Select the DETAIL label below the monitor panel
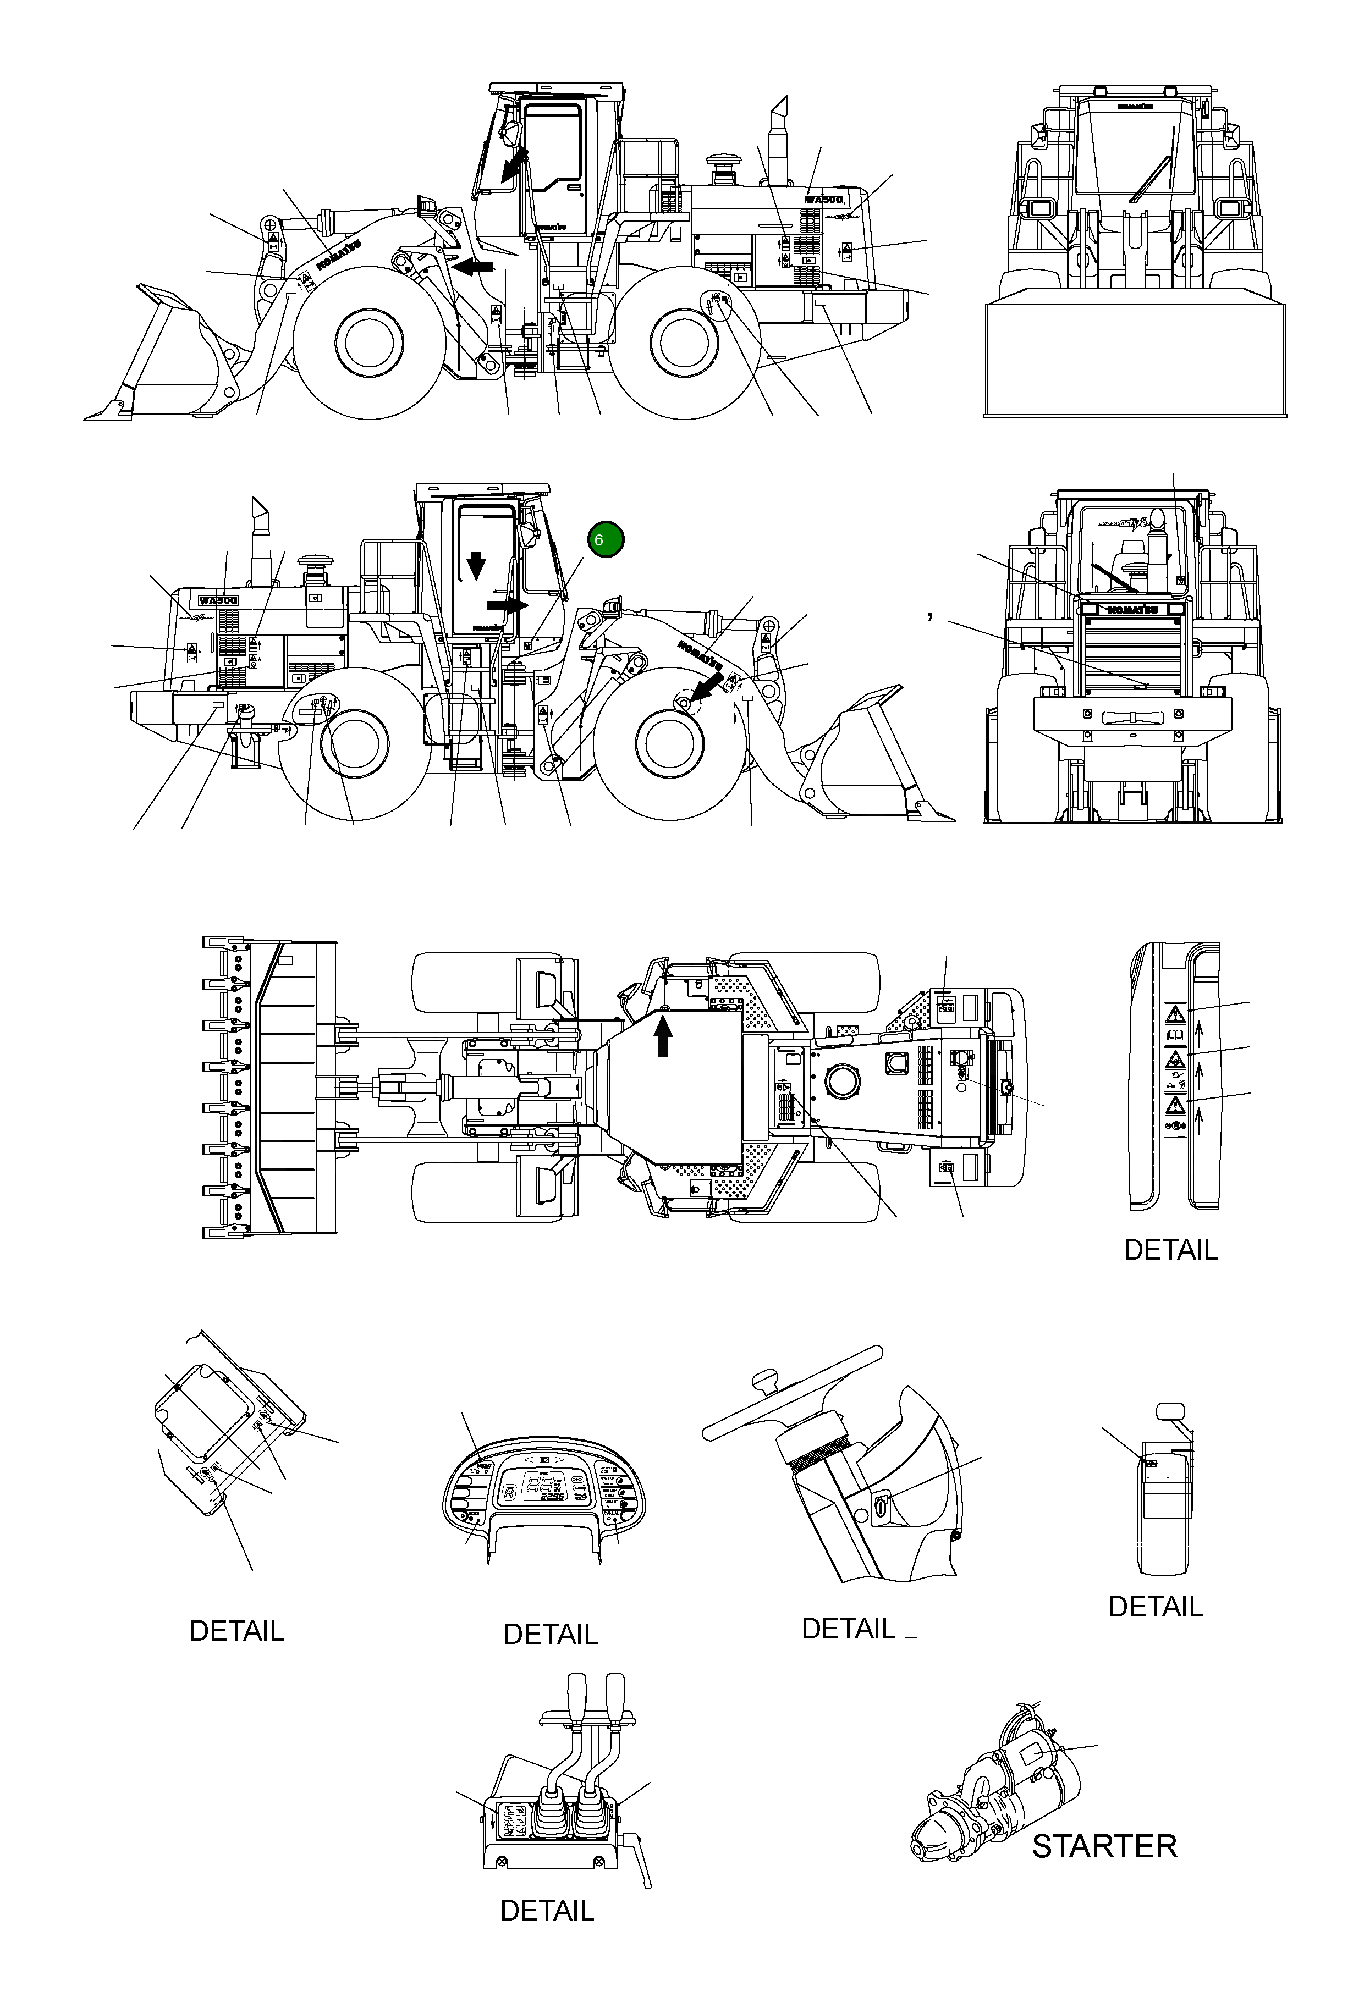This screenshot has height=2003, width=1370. (x=550, y=1634)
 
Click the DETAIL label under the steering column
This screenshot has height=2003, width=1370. (x=849, y=1629)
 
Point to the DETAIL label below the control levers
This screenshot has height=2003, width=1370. (x=547, y=1935)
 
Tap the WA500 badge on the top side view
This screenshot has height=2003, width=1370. (x=823, y=199)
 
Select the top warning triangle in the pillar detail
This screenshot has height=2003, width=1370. (x=1174, y=1013)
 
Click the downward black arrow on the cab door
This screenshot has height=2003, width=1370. (x=476, y=565)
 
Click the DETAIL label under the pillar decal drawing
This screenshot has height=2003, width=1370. (x=1170, y=1250)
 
